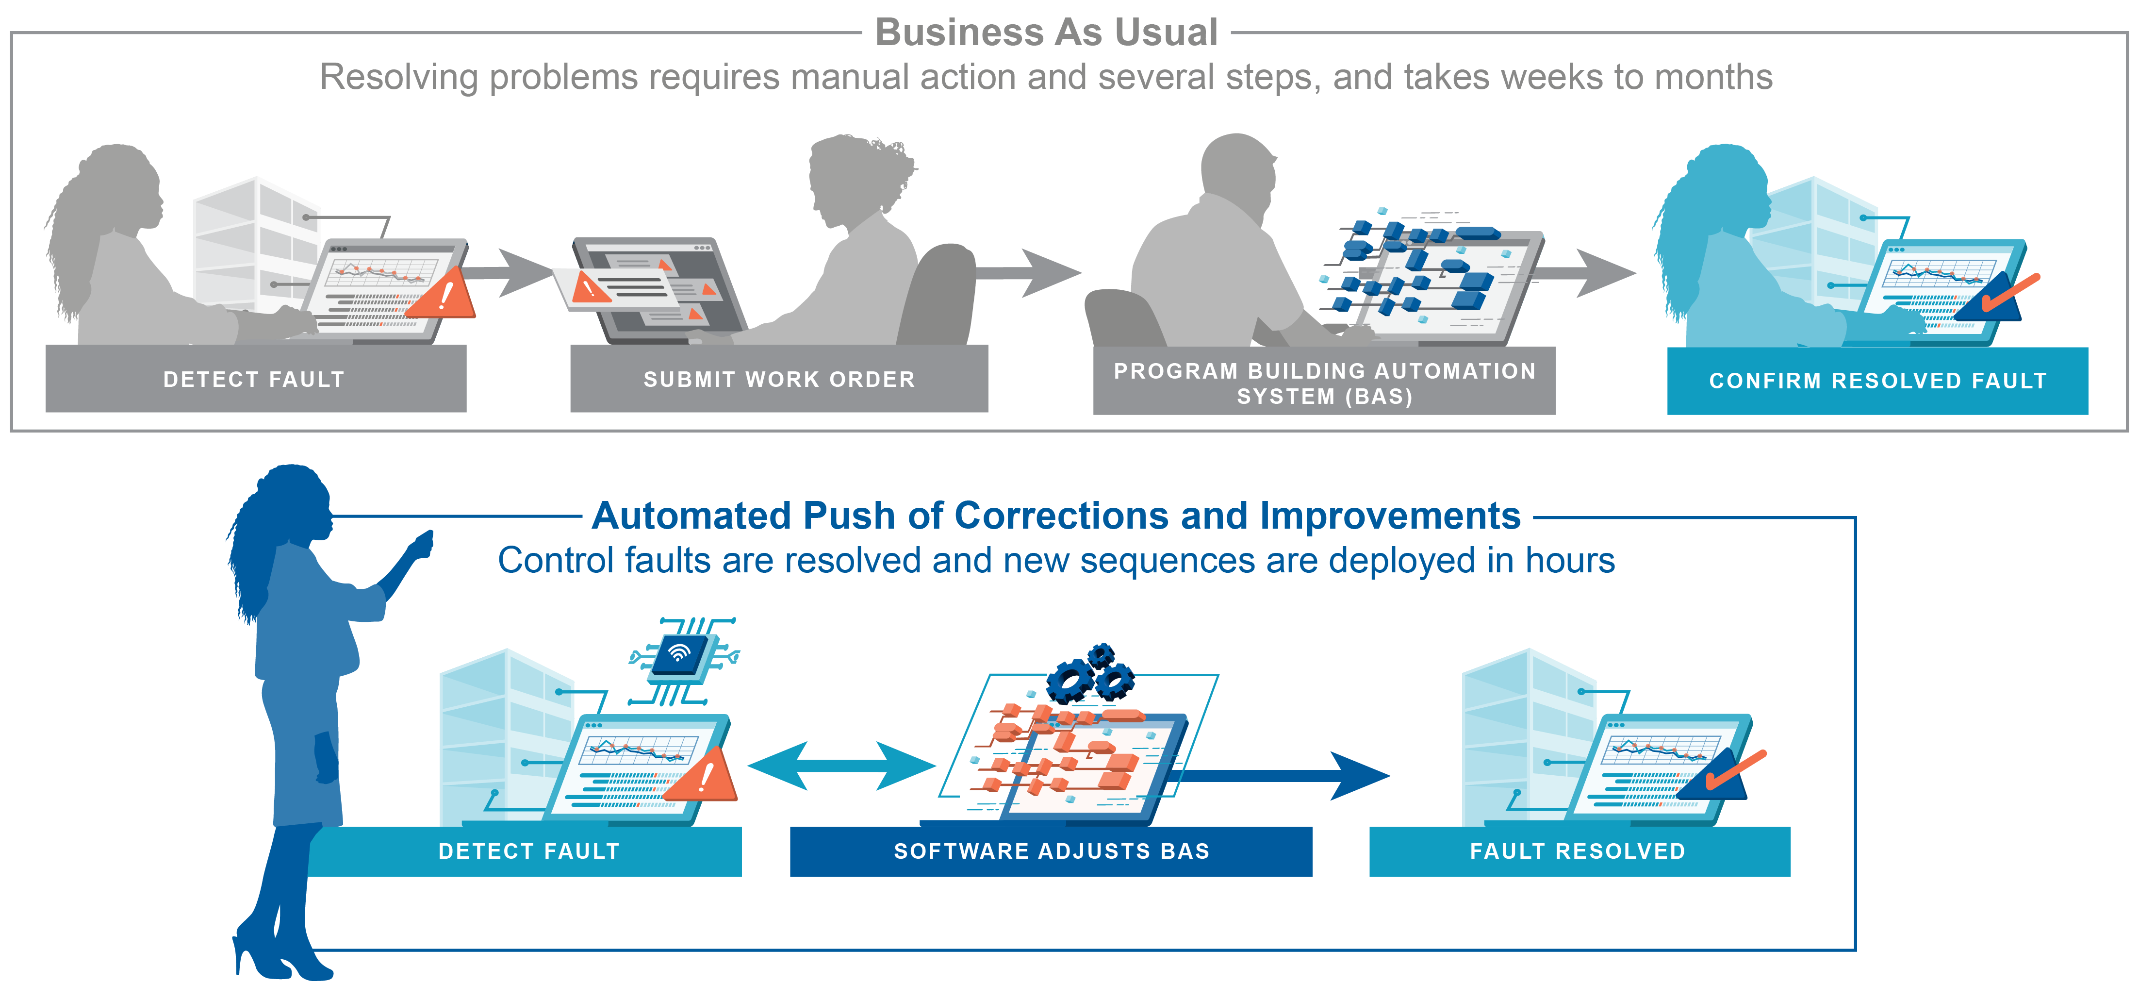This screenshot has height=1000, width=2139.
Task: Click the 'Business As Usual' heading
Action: [x=1046, y=33]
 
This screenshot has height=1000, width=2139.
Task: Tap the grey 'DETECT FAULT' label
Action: [x=254, y=380]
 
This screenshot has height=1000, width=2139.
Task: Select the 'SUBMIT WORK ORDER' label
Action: [x=779, y=380]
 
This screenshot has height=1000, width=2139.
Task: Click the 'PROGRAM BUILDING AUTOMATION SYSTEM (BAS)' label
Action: [x=1324, y=383]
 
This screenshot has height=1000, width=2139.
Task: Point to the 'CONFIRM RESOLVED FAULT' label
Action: [x=1877, y=381]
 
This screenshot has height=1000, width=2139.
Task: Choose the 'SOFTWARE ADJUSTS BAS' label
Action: [x=1051, y=851]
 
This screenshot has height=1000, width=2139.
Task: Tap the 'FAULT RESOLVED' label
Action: [x=1578, y=851]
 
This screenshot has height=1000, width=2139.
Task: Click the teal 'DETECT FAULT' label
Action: [x=529, y=851]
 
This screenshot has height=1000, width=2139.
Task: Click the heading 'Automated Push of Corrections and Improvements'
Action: [x=1056, y=516]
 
